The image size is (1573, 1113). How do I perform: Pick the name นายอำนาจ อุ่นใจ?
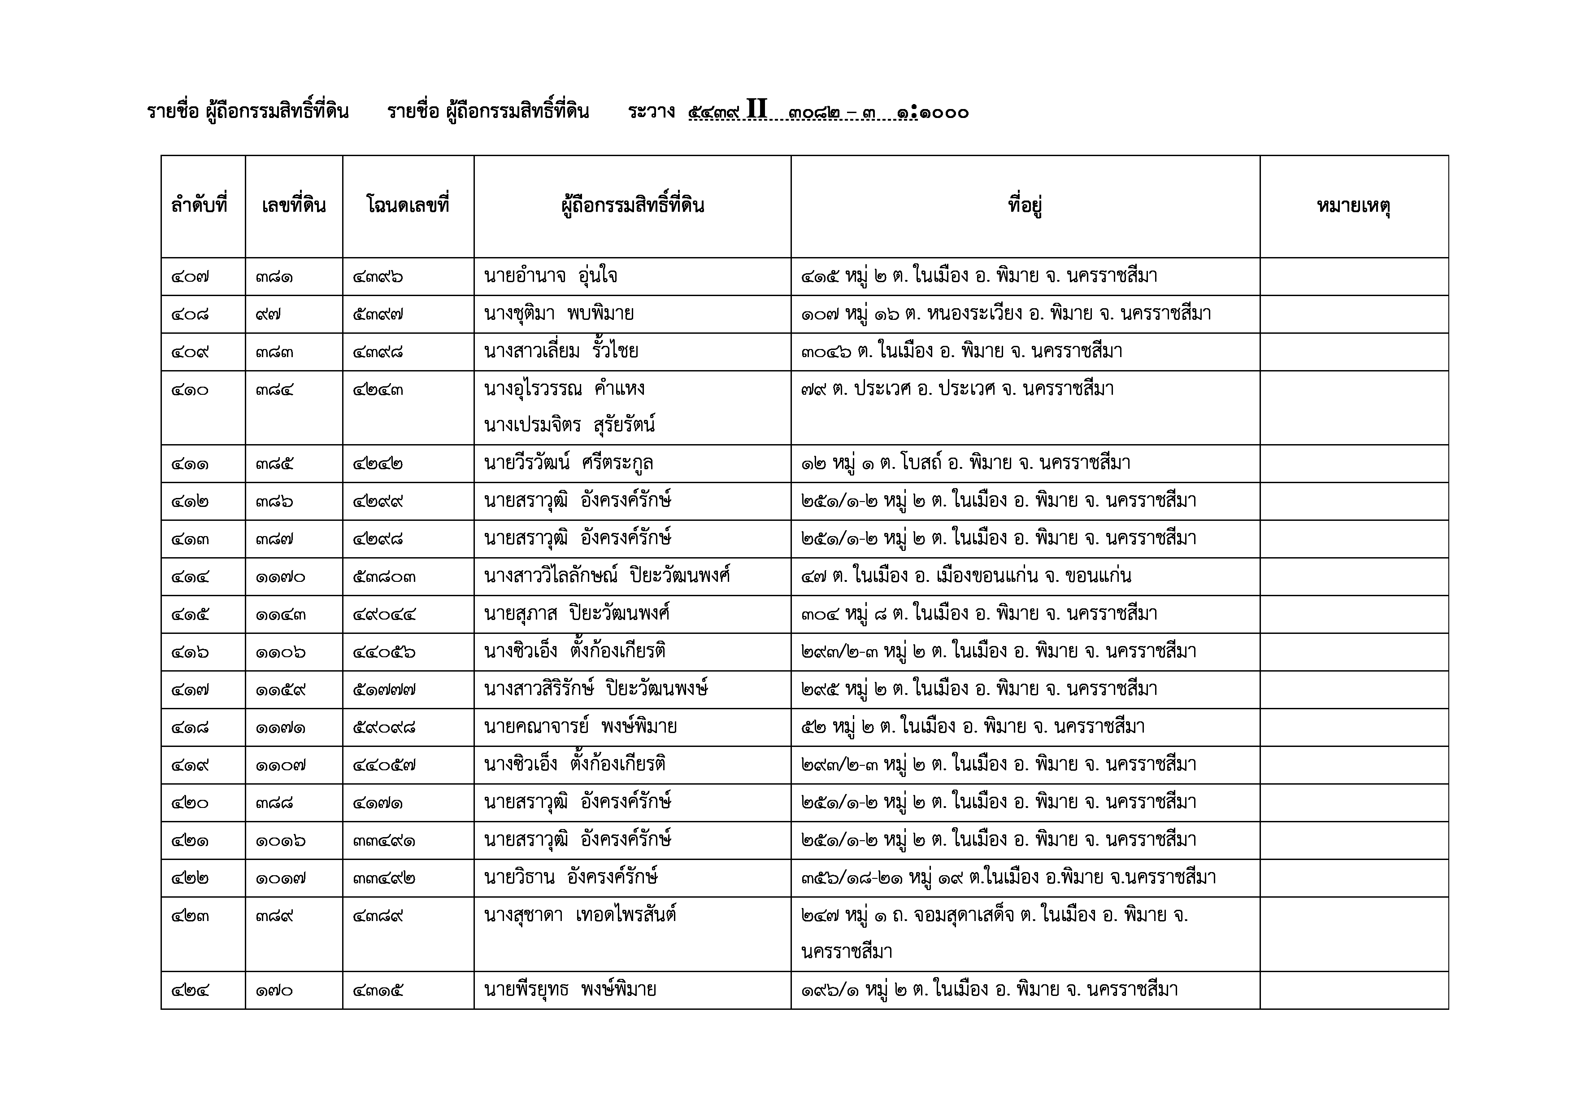tap(550, 277)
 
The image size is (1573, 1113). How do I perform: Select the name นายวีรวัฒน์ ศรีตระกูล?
tap(568, 464)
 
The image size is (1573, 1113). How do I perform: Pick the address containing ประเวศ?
tap(957, 390)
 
